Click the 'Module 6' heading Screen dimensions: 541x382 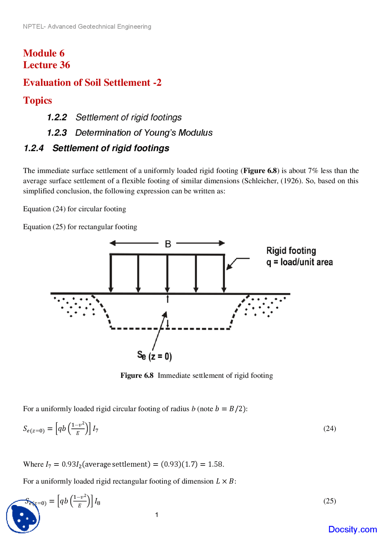tap(44, 53)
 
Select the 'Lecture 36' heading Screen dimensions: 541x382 tap(47, 65)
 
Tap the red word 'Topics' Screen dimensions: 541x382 tap(38, 100)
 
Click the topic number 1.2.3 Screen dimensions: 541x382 tap(57, 133)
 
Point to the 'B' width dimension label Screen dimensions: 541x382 tap(168, 244)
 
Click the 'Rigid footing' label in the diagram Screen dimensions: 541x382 tap(291, 251)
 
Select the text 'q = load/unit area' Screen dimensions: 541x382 tap(299, 262)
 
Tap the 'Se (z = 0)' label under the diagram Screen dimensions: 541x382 tap(154, 356)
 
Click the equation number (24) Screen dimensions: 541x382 tap(329, 428)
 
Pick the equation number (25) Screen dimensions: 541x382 tap(329, 501)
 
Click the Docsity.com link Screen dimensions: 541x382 tap(352, 529)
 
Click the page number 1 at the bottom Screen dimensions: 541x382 tap(157, 514)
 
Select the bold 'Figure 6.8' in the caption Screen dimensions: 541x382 tap(137, 376)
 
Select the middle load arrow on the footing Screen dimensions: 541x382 tap(167, 273)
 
